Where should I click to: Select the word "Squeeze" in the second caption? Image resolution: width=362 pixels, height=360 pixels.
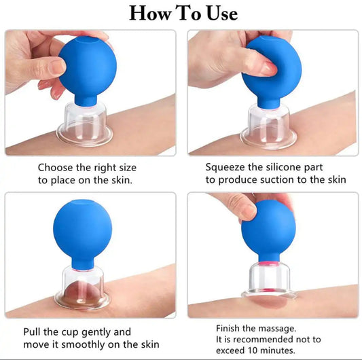pyautogui.click(x=226, y=167)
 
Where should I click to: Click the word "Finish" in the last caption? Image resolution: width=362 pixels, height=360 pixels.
pyautogui.click(x=231, y=326)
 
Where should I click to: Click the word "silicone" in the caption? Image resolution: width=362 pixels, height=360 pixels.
pyautogui.click(x=293, y=167)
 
